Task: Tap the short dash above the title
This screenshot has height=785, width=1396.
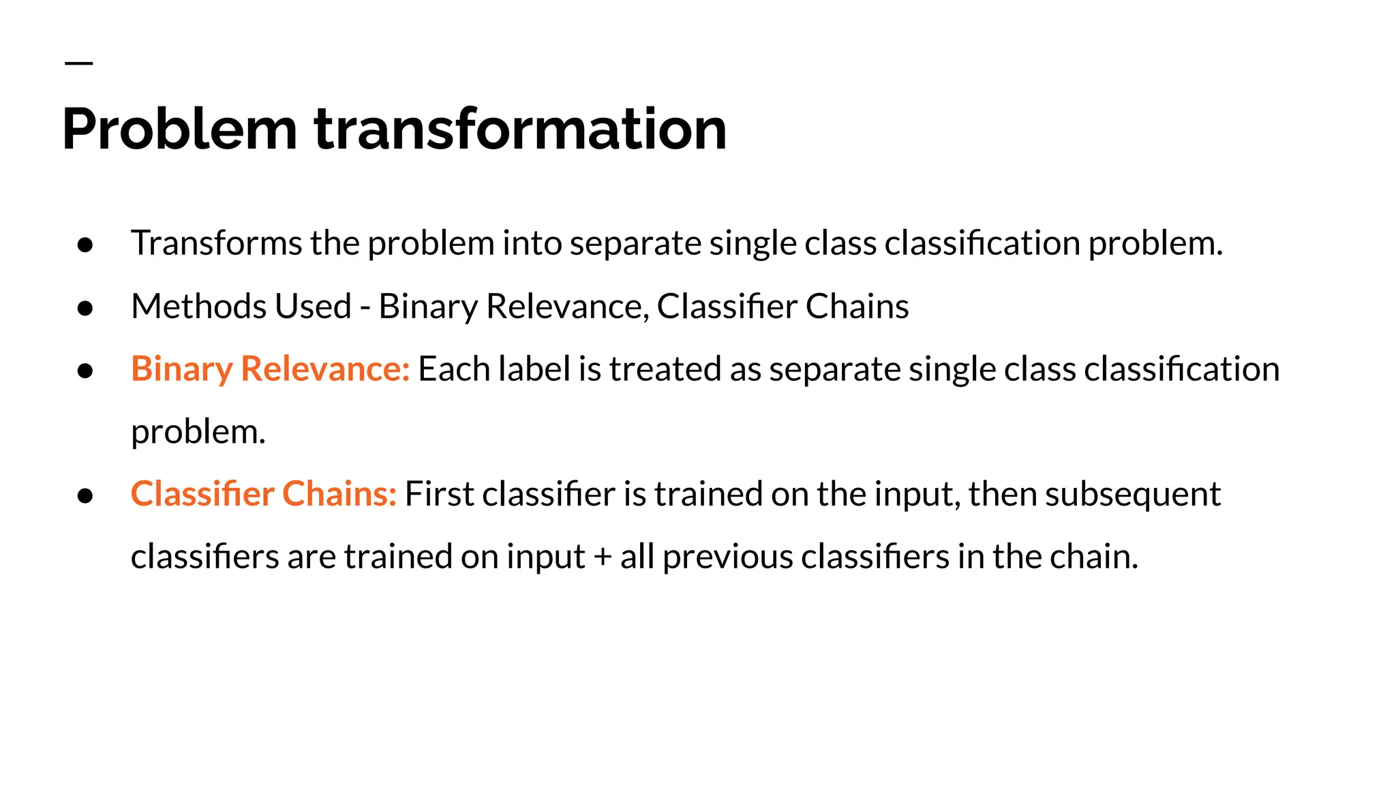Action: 78,63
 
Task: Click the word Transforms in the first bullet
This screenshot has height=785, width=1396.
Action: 216,243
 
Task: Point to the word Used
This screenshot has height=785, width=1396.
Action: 314,306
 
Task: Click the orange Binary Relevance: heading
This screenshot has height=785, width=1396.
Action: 270,369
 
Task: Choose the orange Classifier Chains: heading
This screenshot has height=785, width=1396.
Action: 263,494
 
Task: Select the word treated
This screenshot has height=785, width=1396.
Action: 665,369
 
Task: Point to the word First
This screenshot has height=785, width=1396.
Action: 439,494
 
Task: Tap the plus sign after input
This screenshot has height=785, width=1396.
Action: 602,557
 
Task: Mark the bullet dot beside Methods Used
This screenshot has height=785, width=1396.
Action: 85,309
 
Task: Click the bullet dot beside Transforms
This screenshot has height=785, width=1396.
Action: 85,245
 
